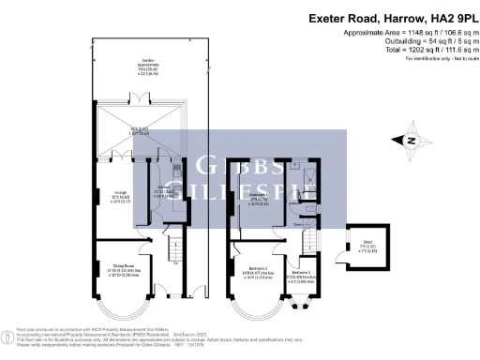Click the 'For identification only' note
click(x=438, y=58)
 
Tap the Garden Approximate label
click(x=121, y=66)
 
